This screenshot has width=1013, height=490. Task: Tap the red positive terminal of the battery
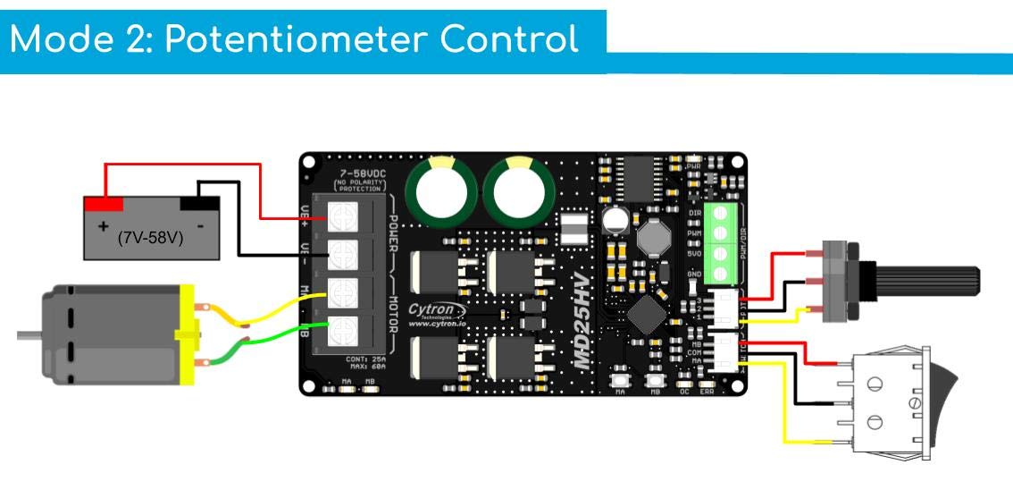coord(103,204)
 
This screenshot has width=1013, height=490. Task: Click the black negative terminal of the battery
coord(199,203)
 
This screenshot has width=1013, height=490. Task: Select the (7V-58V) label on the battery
coord(150,239)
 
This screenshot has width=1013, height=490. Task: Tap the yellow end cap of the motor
coord(186,335)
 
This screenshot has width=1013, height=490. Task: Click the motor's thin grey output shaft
coord(29,335)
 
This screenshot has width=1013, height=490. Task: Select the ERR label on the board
coord(707,392)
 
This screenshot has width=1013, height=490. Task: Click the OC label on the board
coord(684,392)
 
